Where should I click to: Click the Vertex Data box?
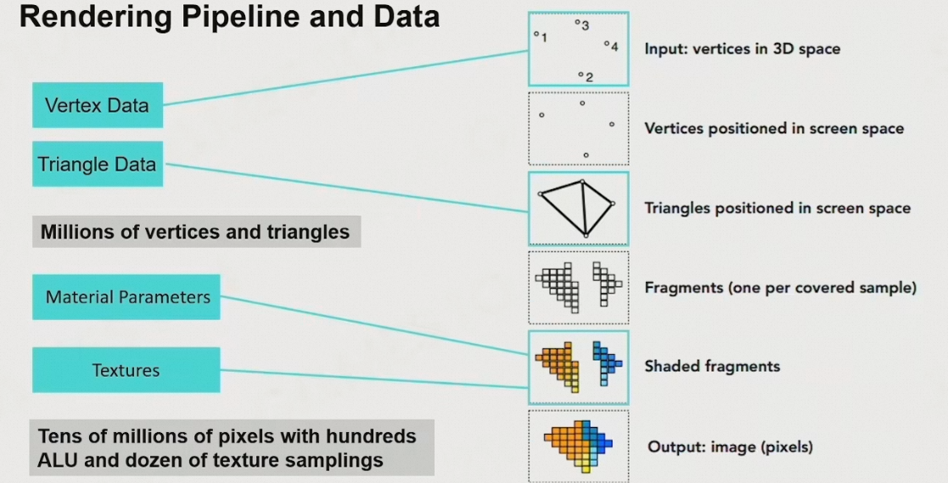[x=97, y=105]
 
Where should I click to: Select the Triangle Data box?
[x=97, y=164]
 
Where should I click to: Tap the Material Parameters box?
[x=126, y=297]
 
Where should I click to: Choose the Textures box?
[x=126, y=370]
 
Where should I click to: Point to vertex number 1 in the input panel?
[x=536, y=34]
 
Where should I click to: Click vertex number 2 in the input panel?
[x=581, y=75]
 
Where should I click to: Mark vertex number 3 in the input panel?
[x=577, y=23]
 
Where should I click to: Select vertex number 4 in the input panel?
[x=606, y=43]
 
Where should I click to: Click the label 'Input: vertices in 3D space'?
[x=742, y=48]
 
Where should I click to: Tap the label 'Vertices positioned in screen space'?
[x=774, y=129]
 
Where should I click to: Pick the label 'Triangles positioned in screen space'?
[x=777, y=208]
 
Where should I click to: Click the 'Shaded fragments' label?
[x=712, y=367]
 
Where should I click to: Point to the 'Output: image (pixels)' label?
[x=730, y=446]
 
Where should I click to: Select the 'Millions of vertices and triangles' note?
[x=195, y=232]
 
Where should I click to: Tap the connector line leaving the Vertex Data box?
[x=339, y=78]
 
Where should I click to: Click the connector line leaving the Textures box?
[x=373, y=379]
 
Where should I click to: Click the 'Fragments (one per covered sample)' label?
[x=780, y=288]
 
